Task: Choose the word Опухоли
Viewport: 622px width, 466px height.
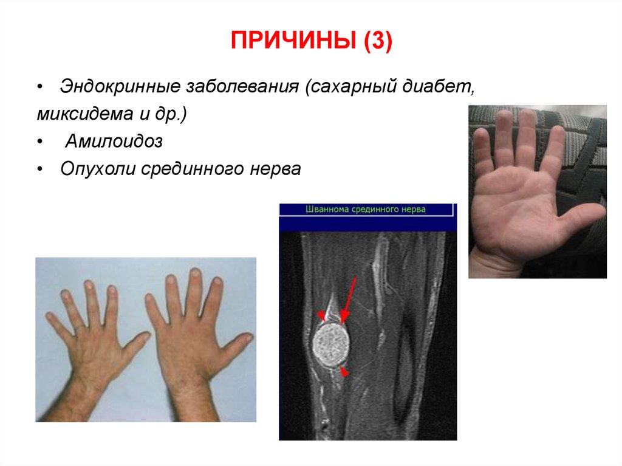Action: pyautogui.click(x=99, y=169)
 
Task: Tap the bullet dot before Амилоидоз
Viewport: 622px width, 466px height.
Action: pyautogui.click(x=40, y=142)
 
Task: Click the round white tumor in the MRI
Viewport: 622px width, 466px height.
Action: pyautogui.click(x=330, y=343)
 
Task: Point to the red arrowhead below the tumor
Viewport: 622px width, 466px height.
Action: pyautogui.click(x=344, y=372)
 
